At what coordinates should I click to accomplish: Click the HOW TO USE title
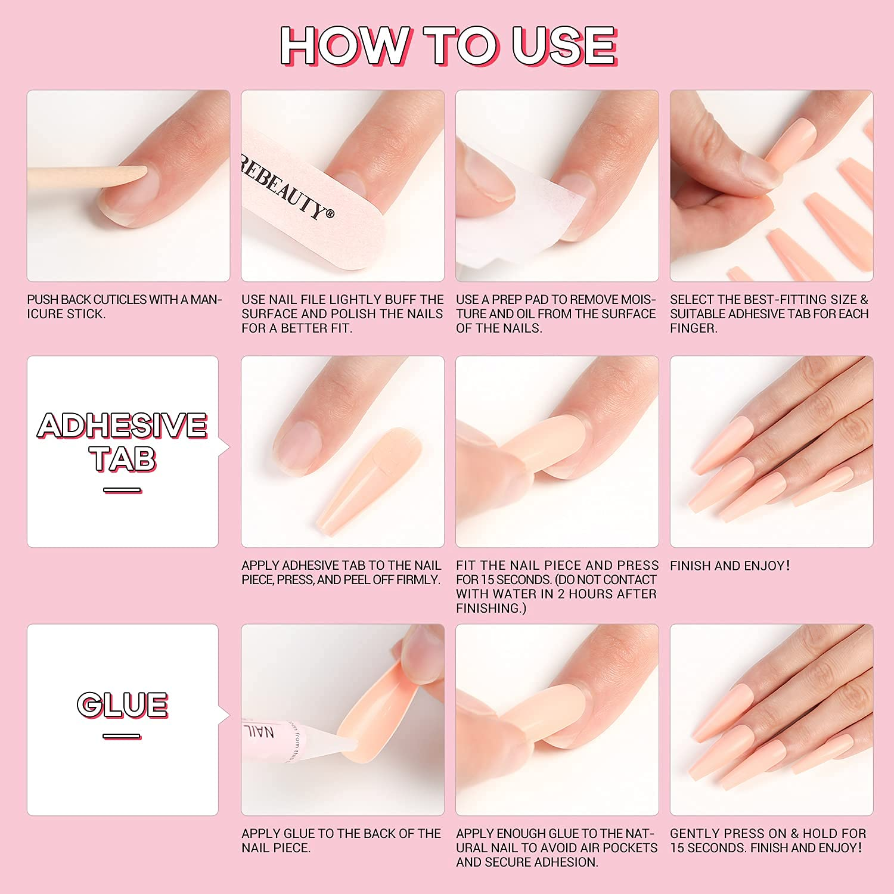point(448,46)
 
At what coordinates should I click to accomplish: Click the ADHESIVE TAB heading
point(122,442)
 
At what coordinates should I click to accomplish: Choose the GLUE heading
point(122,704)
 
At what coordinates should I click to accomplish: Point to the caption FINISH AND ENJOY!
point(730,566)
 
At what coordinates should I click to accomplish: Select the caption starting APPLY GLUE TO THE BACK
point(342,840)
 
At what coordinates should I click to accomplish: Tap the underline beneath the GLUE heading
point(122,737)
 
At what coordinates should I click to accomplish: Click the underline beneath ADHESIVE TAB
point(122,491)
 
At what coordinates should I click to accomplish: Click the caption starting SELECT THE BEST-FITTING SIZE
point(769,313)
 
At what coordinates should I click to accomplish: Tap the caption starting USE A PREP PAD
point(556,313)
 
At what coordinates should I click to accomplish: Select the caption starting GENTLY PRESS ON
point(768,840)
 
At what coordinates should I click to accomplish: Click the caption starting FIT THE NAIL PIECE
point(557,586)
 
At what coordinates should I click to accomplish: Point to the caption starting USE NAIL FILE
point(343,313)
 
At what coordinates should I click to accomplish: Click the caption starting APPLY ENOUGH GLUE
point(557,848)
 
